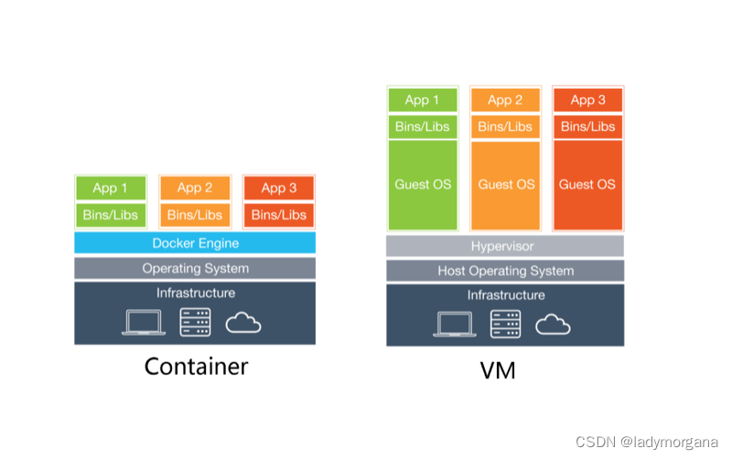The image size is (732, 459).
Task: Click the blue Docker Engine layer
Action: [x=195, y=243]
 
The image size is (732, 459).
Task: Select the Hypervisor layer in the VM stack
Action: [x=504, y=246]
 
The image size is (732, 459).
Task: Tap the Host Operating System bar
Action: [x=504, y=271]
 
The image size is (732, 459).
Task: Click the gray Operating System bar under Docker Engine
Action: [x=195, y=268]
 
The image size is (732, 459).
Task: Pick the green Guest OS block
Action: [x=423, y=185]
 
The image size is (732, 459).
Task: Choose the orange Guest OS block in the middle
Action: [x=506, y=185]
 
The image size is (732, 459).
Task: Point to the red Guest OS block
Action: [x=587, y=185]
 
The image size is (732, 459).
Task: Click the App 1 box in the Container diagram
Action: [x=110, y=187]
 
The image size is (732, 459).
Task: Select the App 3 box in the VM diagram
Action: [x=587, y=100]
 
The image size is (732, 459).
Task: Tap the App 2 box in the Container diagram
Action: [x=195, y=187]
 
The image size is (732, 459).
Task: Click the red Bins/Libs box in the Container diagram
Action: [x=278, y=215]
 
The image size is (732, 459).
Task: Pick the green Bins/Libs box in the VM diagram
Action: [x=423, y=126]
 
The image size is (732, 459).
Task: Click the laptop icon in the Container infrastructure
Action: [x=143, y=322]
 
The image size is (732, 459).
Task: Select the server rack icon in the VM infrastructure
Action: [x=505, y=324]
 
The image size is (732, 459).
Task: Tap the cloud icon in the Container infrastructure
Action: [x=242, y=322]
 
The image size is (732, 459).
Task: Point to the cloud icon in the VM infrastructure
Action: [x=553, y=324]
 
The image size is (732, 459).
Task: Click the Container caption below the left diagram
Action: [x=196, y=367]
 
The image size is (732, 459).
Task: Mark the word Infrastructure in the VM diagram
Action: [x=505, y=295]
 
